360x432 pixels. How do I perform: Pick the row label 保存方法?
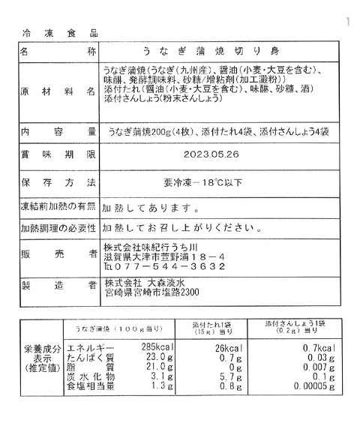pos(58,182)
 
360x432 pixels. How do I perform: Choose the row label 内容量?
pos(58,131)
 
